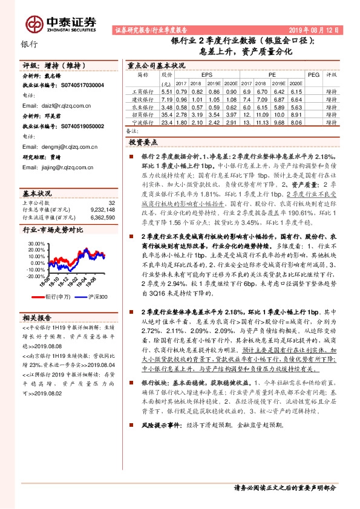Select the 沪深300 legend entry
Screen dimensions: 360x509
[95, 296]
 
